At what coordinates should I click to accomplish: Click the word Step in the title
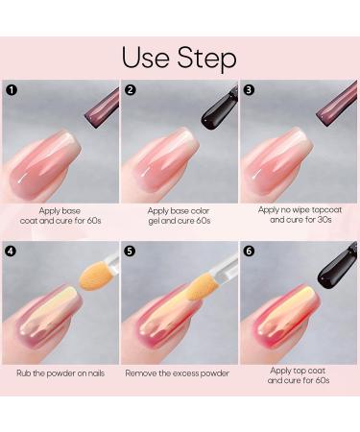(x=207, y=58)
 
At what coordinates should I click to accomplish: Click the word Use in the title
(x=146, y=58)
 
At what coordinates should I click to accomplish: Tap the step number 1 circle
(x=12, y=90)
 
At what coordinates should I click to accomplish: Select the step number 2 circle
(x=130, y=90)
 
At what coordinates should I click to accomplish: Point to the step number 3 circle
(x=249, y=90)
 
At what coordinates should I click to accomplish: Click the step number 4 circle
(x=12, y=251)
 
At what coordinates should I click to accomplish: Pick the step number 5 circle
(x=130, y=251)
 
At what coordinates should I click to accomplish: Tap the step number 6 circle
(x=249, y=251)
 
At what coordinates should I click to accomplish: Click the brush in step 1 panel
(x=102, y=108)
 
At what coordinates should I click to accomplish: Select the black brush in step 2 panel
(x=220, y=108)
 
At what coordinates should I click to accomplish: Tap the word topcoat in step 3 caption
(x=326, y=210)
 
